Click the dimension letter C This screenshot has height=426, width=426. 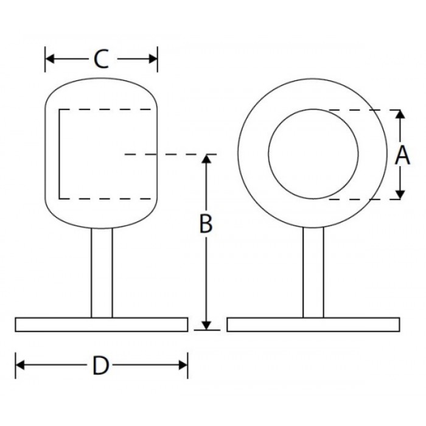(101, 58)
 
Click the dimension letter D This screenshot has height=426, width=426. (101, 365)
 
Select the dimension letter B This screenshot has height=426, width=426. (206, 223)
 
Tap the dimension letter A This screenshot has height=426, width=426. (402, 155)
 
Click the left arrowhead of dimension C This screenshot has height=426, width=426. (50, 58)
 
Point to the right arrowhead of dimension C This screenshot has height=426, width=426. (153, 58)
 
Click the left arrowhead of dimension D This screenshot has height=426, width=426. (20, 365)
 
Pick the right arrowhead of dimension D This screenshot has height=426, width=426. (183, 365)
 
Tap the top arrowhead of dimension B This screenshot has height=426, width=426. (206, 159)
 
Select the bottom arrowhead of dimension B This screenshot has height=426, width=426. (206, 326)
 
